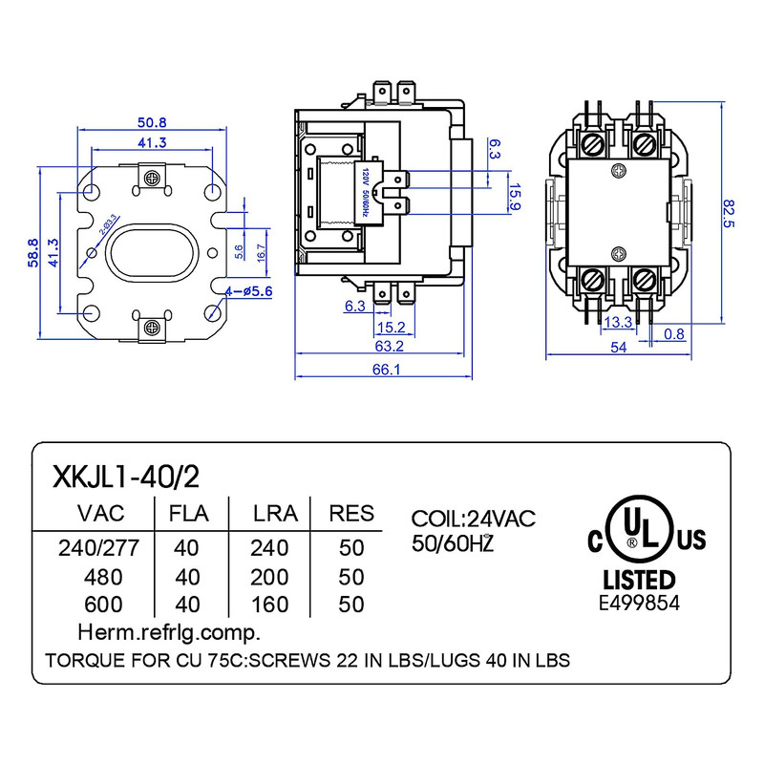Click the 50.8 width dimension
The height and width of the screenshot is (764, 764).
point(153,122)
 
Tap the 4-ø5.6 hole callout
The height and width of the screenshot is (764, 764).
point(249,290)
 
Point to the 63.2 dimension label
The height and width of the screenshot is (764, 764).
point(389,347)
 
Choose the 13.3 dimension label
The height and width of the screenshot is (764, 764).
point(618,321)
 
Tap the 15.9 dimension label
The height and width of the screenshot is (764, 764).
point(514,197)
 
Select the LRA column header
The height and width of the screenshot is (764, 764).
point(275,514)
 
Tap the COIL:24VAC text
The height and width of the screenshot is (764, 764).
point(474,519)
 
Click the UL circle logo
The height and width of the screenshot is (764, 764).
point(631,529)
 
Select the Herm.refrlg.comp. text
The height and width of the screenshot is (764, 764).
point(169,632)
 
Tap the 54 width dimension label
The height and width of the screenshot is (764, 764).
point(618,348)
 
